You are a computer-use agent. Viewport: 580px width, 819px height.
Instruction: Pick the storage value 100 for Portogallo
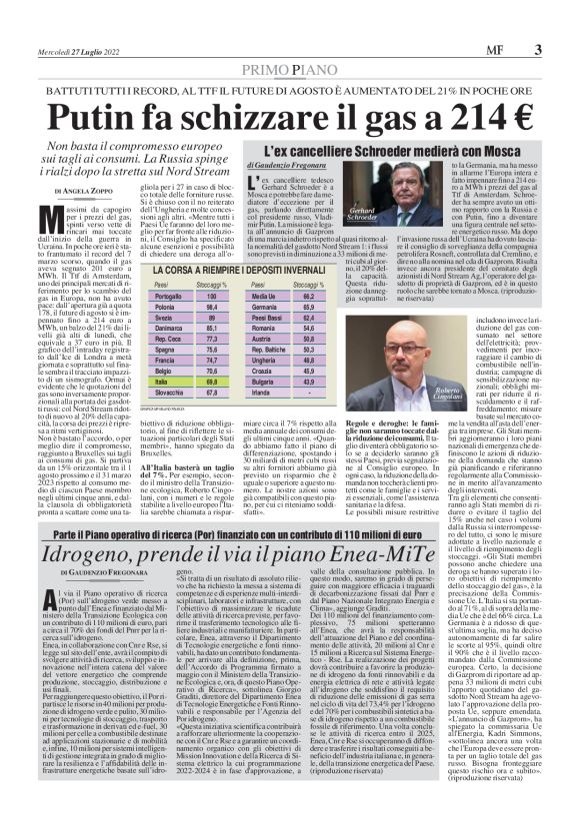[211, 270]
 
